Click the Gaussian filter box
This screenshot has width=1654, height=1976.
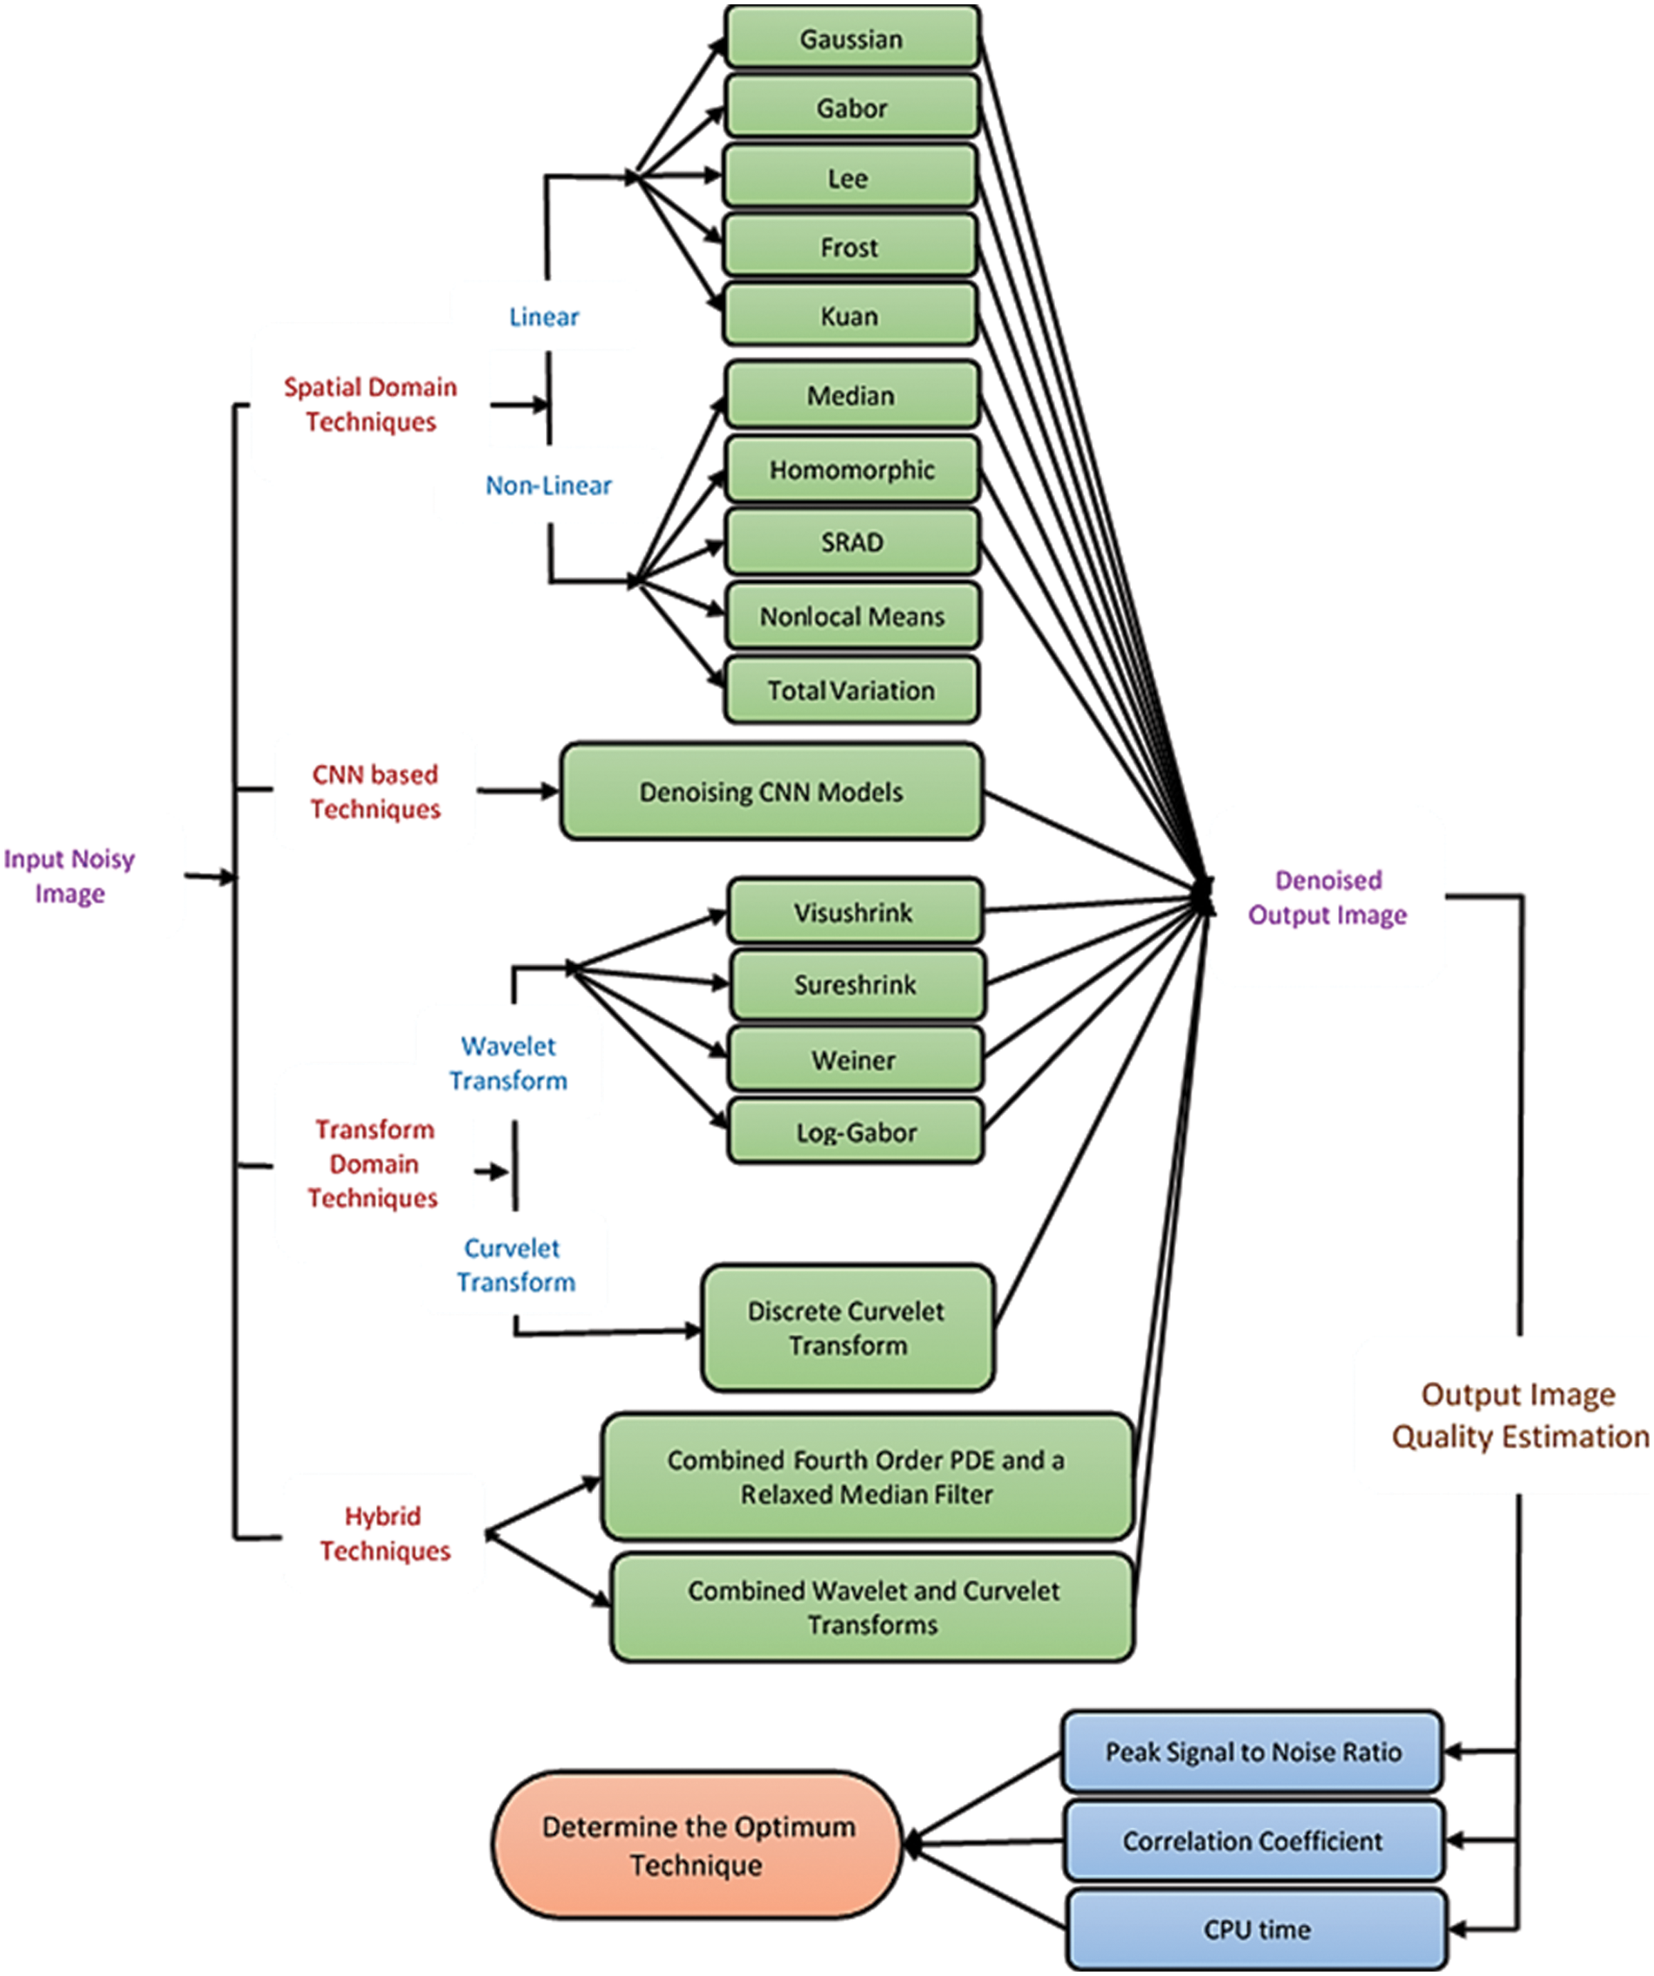[x=851, y=38]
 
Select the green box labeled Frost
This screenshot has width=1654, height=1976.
[x=848, y=247]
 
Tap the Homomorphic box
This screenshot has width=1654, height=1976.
[x=852, y=470]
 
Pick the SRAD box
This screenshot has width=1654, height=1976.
[x=852, y=543]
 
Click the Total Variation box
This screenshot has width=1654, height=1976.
[x=851, y=691]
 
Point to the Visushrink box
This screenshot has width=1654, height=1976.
[x=854, y=913]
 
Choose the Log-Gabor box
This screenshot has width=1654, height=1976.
[x=855, y=1132]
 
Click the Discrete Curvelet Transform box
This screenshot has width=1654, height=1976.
[x=846, y=1328]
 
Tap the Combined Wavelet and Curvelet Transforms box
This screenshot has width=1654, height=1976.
[x=871, y=1607]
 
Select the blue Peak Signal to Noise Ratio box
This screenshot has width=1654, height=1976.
[x=1252, y=1752]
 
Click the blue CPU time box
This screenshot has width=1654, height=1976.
[x=1257, y=1930]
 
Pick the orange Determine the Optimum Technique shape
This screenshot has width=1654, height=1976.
[x=697, y=1845]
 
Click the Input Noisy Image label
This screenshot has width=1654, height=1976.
[x=70, y=876]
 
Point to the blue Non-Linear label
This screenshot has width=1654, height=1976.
[x=548, y=486]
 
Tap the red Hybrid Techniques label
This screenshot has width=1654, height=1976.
[x=384, y=1534]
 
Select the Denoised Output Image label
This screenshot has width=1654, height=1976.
[x=1328, y=898]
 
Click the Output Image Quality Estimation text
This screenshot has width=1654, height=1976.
[x=1519, y=1415]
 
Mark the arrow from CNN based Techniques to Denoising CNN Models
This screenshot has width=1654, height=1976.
[x=517, y=791]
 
